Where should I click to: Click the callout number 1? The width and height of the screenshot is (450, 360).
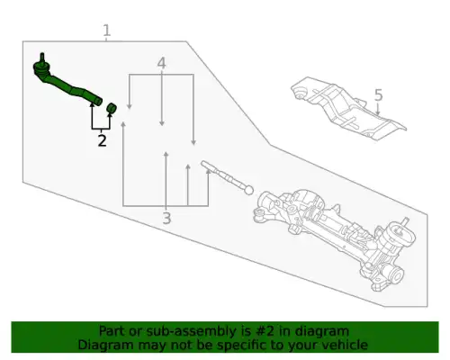107,31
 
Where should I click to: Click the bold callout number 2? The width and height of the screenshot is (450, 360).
102,140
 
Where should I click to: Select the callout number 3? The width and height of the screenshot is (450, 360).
166,218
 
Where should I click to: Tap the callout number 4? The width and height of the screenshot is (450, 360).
161,63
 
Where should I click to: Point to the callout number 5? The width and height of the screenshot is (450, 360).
379,94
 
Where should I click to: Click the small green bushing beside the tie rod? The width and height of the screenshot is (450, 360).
112,108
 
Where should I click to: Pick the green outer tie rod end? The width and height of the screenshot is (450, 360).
67,82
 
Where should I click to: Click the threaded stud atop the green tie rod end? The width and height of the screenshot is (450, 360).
42,58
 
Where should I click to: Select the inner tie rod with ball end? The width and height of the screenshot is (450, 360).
227,177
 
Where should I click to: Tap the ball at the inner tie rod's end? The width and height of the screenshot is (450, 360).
249,190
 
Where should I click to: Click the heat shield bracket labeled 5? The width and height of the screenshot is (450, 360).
348,107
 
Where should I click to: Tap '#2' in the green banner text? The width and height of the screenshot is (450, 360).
265,331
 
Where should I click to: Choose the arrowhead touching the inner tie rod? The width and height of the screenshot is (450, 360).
208,171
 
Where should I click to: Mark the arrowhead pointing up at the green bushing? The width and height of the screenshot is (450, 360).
110,115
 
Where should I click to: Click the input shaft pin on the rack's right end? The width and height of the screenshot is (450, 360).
405,221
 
